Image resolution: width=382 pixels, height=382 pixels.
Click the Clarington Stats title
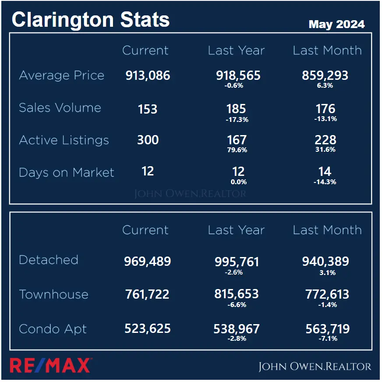(90, 20)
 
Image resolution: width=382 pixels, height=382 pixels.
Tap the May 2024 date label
(336, 24)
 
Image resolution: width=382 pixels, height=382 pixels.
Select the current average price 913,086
(148, 75)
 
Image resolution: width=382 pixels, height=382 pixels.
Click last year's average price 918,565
(238, 75)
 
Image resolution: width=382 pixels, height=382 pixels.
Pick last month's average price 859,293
(325, 75)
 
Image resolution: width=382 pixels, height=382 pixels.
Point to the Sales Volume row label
(60, 108)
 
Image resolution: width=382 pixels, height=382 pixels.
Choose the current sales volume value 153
(148, 109)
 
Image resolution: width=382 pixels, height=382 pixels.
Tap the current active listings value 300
(148, 140)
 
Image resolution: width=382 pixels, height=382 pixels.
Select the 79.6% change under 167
(237, 150)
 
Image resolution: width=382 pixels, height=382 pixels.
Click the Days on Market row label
(66, 172)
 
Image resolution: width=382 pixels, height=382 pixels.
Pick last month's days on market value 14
(325, 171)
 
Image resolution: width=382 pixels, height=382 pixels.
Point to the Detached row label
(49, 260)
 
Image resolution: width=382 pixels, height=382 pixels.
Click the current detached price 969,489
(147, 262)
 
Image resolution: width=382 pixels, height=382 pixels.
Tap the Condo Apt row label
(53, 329)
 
